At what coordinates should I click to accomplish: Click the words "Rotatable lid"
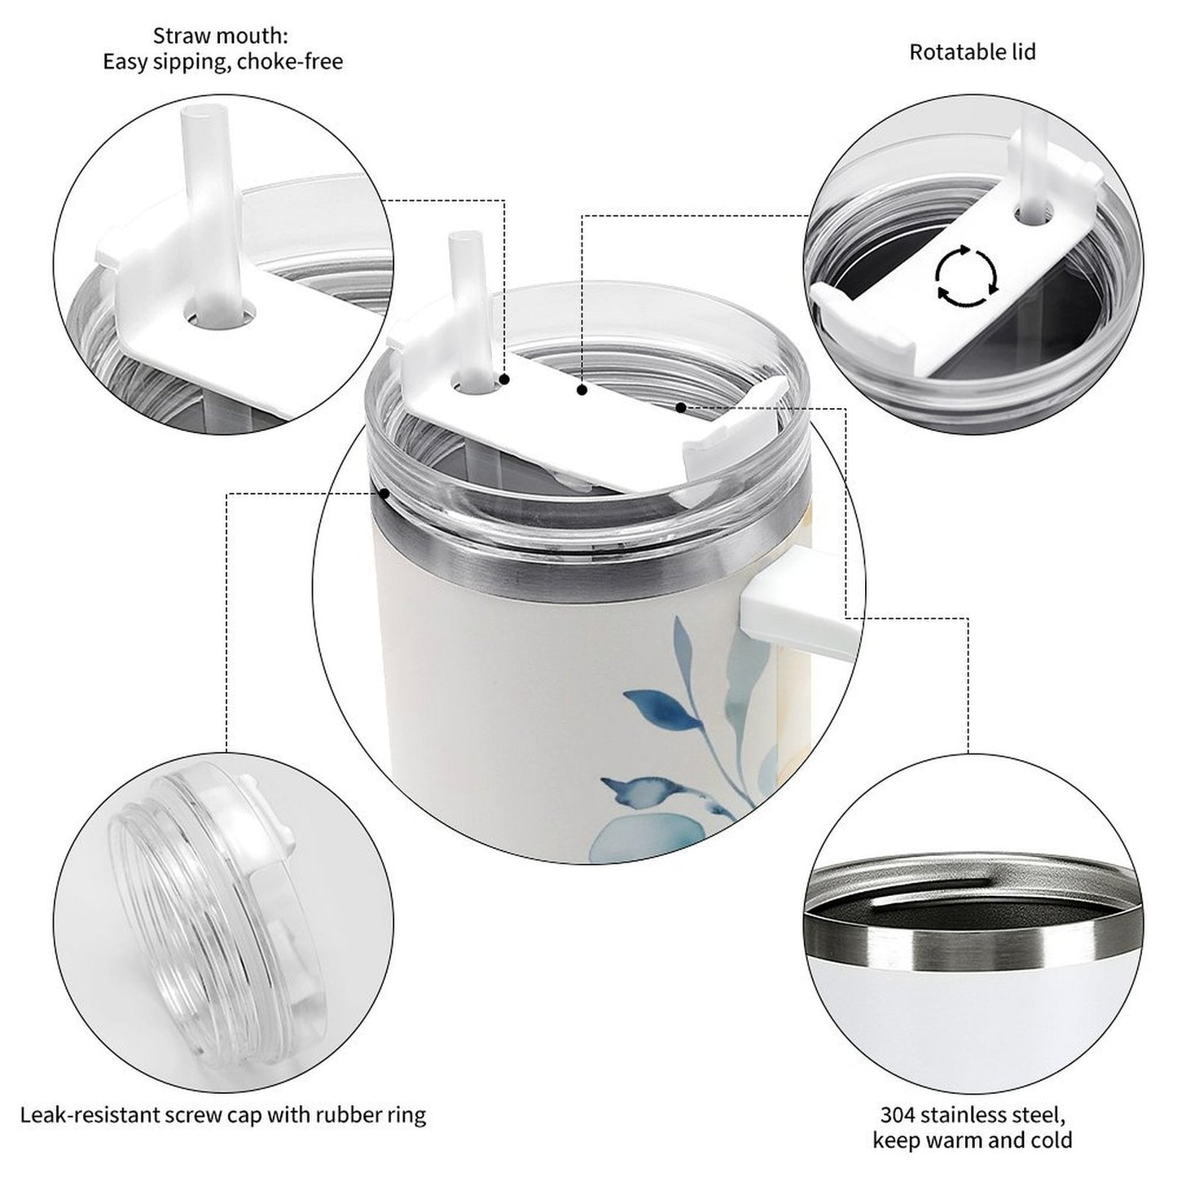(973, 52)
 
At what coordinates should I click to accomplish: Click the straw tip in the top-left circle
(204, 113)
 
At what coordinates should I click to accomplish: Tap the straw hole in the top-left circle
(219, 315)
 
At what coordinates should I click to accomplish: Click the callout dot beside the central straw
(504, 380)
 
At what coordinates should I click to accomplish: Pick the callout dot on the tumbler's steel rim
(384, 493)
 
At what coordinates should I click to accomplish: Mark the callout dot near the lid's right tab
(680, 406)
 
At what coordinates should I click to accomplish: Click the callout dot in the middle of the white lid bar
(582, 389)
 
